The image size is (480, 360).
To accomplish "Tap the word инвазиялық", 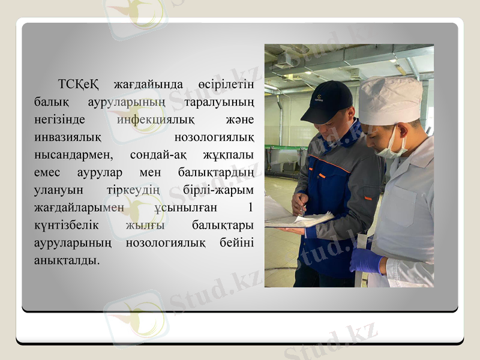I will point(67,137).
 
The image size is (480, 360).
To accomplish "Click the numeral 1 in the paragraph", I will point(250,208).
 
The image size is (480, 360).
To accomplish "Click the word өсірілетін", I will point(225,82).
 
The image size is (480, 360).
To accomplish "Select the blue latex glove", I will point(365,260).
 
